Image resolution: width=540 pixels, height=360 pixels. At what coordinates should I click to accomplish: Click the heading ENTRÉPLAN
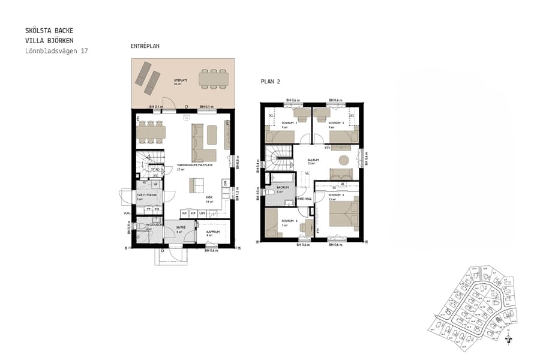click(145, 46)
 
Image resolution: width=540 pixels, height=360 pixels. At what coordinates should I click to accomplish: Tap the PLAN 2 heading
click(271, 81)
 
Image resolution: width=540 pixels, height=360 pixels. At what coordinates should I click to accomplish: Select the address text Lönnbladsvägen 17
click(56, 51)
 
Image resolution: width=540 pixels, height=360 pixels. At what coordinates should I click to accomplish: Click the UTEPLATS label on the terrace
click(180, 80)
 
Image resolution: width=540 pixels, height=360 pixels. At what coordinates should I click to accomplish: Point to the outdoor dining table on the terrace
click(214, 78)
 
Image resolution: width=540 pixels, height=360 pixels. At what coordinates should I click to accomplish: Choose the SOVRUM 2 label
click(334, 122)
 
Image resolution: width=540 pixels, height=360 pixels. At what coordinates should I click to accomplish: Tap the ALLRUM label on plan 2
click(312, 160)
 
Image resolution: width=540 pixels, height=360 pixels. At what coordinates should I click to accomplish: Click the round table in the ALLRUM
click(344, 160)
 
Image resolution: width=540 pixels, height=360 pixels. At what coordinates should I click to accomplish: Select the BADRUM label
click(283, 187)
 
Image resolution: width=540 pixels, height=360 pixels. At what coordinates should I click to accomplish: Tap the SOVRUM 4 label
click(289, 221)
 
